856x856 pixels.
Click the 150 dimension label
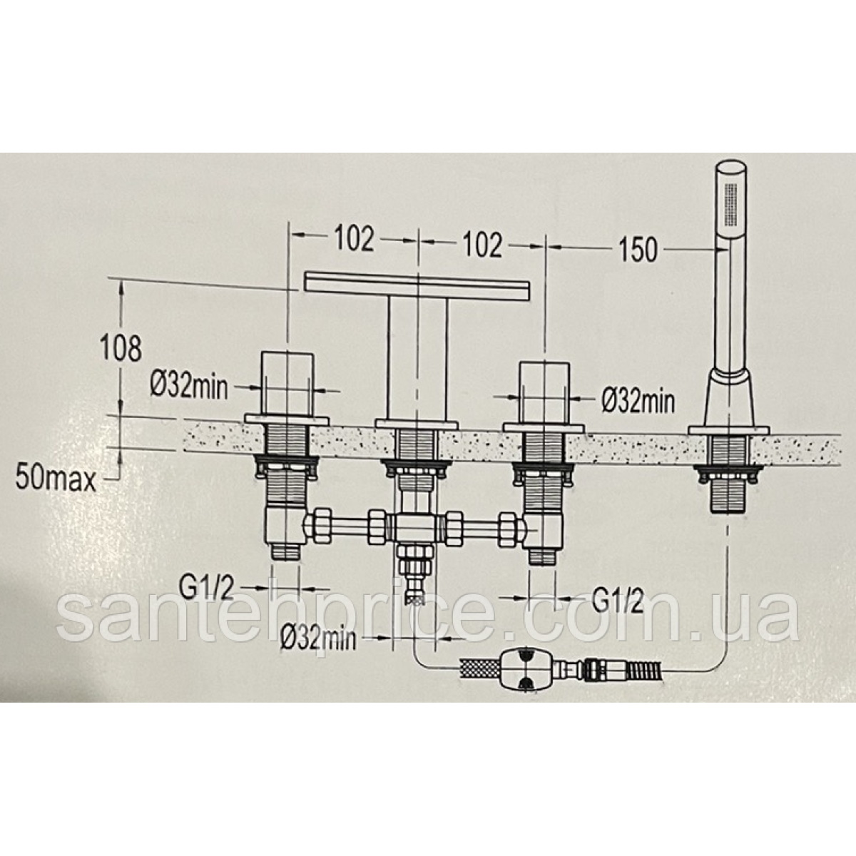pos(638,250)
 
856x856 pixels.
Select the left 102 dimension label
pos(354,240)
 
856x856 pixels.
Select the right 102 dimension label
pos(482,245)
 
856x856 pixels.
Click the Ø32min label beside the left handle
pos(189,387)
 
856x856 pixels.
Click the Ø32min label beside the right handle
pos(638,401)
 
